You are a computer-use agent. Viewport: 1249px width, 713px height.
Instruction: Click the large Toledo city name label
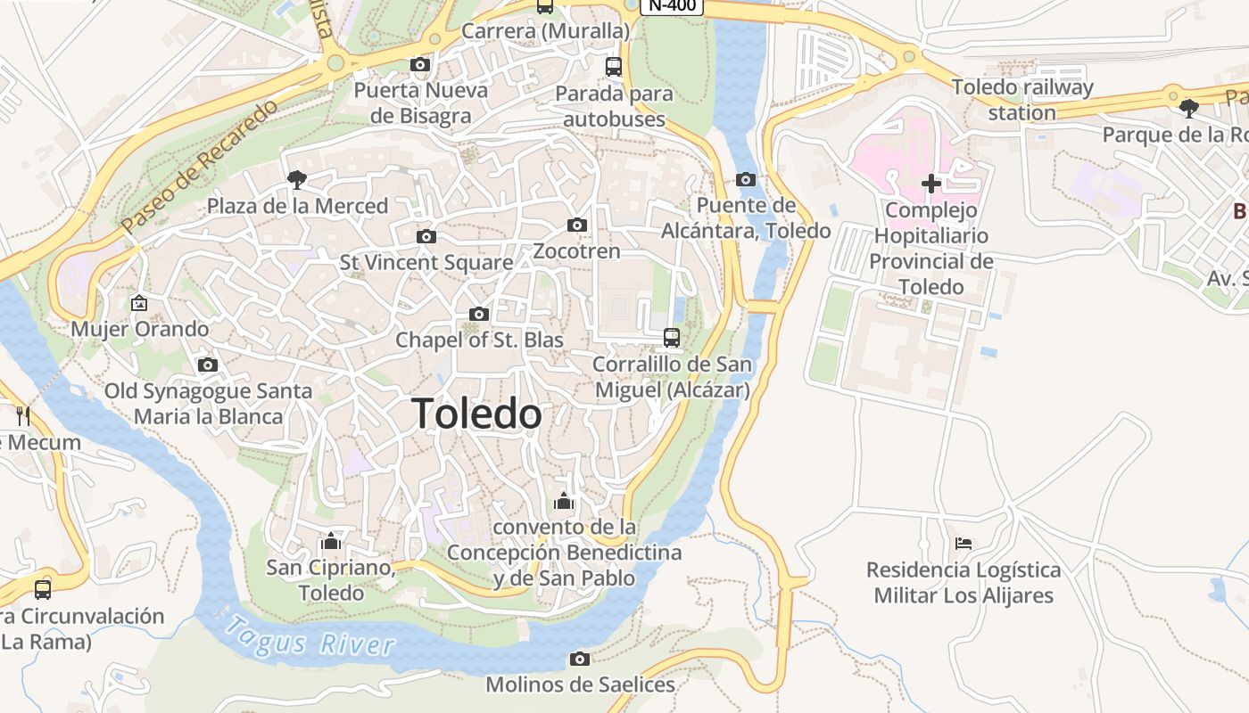[476, 414]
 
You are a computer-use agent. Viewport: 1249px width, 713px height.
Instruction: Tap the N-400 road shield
[672, 5]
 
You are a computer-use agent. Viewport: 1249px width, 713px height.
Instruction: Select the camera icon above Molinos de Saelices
[580, 660]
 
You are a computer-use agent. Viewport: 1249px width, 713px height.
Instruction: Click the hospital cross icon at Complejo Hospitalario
[931, 184]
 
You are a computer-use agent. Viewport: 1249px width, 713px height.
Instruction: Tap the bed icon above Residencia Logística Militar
[964, 543]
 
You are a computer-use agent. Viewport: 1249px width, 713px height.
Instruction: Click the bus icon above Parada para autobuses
[613, 66]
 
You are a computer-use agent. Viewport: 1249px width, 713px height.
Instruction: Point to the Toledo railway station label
[1022, 100]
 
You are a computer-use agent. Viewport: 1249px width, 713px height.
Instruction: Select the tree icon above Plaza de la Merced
[297, 180]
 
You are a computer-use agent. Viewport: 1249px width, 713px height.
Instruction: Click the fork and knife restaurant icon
[23, 415]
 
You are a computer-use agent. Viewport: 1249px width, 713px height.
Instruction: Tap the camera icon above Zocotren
[577, 225]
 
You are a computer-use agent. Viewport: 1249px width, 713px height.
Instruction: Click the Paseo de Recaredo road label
[201, 167]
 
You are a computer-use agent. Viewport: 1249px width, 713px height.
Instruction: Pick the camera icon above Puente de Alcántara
[746, 180]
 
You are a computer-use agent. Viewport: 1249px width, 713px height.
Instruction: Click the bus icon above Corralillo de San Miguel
[672, 338]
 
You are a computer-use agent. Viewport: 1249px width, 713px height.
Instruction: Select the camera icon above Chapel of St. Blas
[479, 315]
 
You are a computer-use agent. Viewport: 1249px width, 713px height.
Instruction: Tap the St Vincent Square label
[426, 263]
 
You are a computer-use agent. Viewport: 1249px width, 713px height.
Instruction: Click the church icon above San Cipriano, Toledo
[331, 541]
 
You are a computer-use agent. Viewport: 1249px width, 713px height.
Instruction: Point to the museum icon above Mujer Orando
[139, 303]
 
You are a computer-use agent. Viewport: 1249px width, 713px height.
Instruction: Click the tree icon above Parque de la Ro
[1188, 109]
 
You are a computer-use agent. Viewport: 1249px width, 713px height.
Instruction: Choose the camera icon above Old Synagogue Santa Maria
[208, 365]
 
